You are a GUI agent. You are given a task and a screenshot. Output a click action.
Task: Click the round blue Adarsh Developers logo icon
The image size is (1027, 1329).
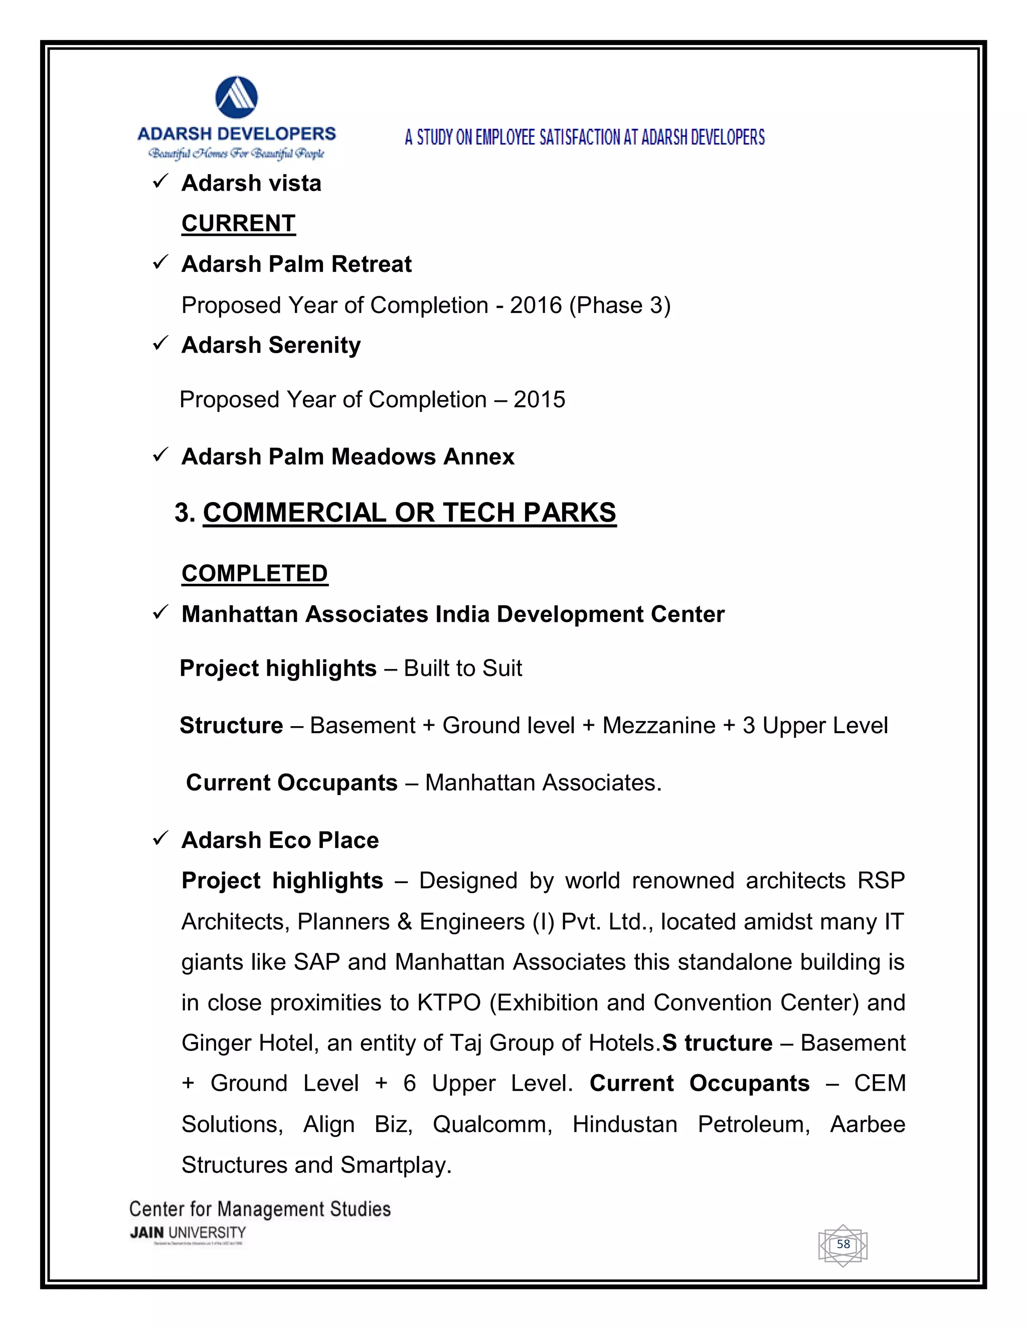236,97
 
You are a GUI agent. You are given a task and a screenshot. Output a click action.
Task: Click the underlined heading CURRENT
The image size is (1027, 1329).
239,223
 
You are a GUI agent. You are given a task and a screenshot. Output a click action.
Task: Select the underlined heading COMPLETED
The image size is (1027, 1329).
254,573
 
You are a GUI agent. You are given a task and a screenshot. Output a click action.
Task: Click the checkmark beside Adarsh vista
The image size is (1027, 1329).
160,182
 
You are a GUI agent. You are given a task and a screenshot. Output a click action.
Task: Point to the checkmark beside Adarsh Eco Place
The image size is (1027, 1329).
160,839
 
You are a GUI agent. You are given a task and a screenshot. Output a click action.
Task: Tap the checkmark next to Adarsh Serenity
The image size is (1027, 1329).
160,344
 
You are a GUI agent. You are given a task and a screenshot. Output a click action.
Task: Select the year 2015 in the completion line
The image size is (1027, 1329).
539,399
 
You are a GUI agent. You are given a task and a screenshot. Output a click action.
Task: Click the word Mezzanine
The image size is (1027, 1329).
659,725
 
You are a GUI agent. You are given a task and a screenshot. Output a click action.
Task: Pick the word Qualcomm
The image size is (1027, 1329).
492,1124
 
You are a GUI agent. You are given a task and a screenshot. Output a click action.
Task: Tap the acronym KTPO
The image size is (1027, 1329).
449,1002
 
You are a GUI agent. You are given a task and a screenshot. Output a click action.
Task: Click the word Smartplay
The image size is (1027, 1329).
396,1165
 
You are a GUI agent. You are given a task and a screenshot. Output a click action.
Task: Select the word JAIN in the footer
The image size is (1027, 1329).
146,1233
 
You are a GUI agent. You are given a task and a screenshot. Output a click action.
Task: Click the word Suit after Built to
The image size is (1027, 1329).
502,668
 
